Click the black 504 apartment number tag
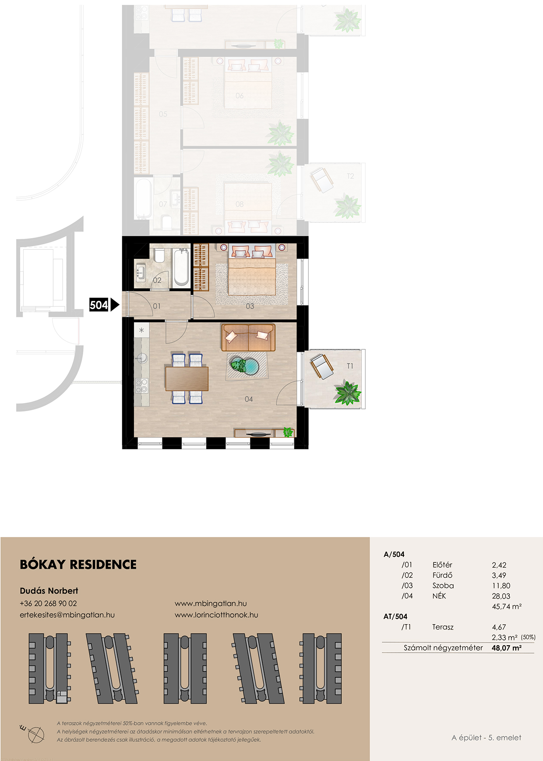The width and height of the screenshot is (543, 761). (x=99, y=305)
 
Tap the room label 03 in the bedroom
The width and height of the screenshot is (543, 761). (x=250, y=306)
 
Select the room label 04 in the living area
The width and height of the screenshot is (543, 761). (x=249, y=399)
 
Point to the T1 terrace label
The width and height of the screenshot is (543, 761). (x=350, y=366)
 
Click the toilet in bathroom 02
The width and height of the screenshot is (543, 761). (x=159, y=255)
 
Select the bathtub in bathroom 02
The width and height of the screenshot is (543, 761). (x=181, y=267)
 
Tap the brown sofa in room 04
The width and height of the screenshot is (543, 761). (x=248, y=338)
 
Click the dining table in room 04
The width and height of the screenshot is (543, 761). (x=187, y=379)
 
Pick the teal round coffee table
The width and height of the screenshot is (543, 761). (x=246, y=366)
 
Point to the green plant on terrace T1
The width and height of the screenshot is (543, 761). (x=348, y=393)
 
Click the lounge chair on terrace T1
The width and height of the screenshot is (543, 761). (x=322, y=367)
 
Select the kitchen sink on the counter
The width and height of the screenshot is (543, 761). (x=141, y=358)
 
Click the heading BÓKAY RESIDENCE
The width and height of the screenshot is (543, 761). (x=78, y=564)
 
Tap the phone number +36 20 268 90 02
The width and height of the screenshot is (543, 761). (x=48, y=603)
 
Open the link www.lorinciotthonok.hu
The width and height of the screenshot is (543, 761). (x=216, y=615)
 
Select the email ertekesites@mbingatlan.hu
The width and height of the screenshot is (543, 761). (x=67, y=615)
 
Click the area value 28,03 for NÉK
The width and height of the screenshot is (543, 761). (x=501, y=596)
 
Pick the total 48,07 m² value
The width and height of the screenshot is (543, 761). (x=507, y=647)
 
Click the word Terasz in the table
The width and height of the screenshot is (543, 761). (x=443, y=627)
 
